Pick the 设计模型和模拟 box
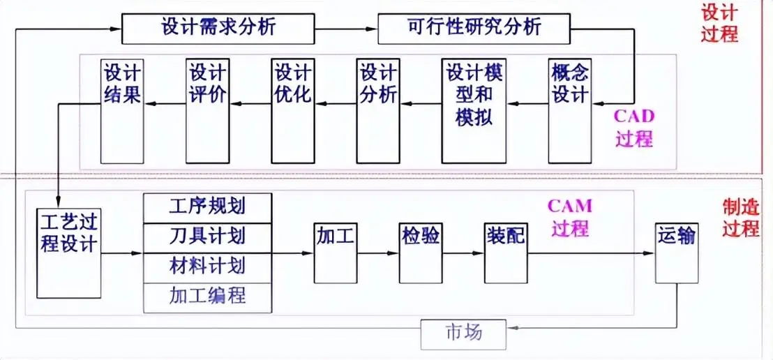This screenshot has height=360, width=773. pyautogui.click(x=474, y=110)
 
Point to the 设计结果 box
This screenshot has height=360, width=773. pyautogui.click(x=122, y=110)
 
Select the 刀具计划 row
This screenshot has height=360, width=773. pyautogui.click(x=207, y=238)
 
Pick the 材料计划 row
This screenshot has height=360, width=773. pyautogui.click(x=207, y=267)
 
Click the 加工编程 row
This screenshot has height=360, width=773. pyautogui.click(x=207, y=298)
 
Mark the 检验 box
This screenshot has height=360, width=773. pyautogui.click(x=420, y=252)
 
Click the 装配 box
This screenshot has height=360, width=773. pyautogui.click(x=505, y=252)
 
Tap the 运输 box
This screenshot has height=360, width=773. pyautogui.click(x=676, y=252)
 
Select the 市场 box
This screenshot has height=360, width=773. pyautogui.click(x=463, y=333)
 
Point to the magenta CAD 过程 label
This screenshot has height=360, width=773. pyautogui.click(x=633, y=127)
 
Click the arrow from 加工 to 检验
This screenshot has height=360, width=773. pyautogui.click(x=377, y=253)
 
